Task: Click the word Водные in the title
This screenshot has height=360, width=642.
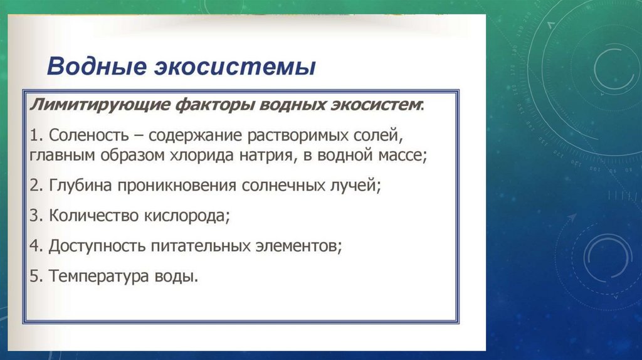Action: point(97,66)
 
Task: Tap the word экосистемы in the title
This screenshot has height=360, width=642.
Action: point(235,67)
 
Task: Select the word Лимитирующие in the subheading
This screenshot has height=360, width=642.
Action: point(100,105)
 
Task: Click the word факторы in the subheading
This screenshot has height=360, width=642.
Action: point(215,105)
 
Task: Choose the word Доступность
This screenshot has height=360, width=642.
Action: point(97,246)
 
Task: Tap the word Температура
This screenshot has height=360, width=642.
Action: point(98,276)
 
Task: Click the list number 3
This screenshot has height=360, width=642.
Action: point(36,215)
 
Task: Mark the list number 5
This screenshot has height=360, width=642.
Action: point(36,276)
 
